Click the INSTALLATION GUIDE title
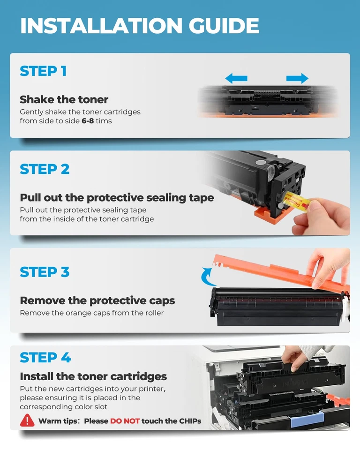coord(139,26)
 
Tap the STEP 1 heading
coord(43,71)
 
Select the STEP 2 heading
coord(45,169)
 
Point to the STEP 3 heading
coord(45,272)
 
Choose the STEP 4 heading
coord(45,358)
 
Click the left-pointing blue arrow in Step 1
coord(236,78)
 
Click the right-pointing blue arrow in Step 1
coord(297,78)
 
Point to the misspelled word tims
coord(104,121)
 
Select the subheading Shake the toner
coord(64,99)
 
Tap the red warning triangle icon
coord(27,420)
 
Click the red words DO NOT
coord(125,421)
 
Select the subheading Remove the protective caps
coord(97,300)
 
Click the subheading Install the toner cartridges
coord(93,376)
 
